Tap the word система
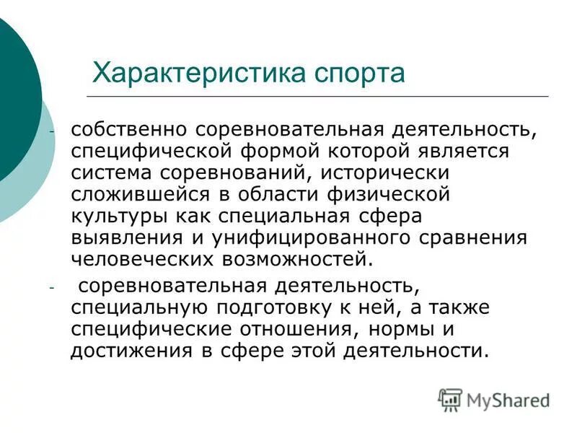click(110, 174)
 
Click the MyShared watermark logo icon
click(451, 399)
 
